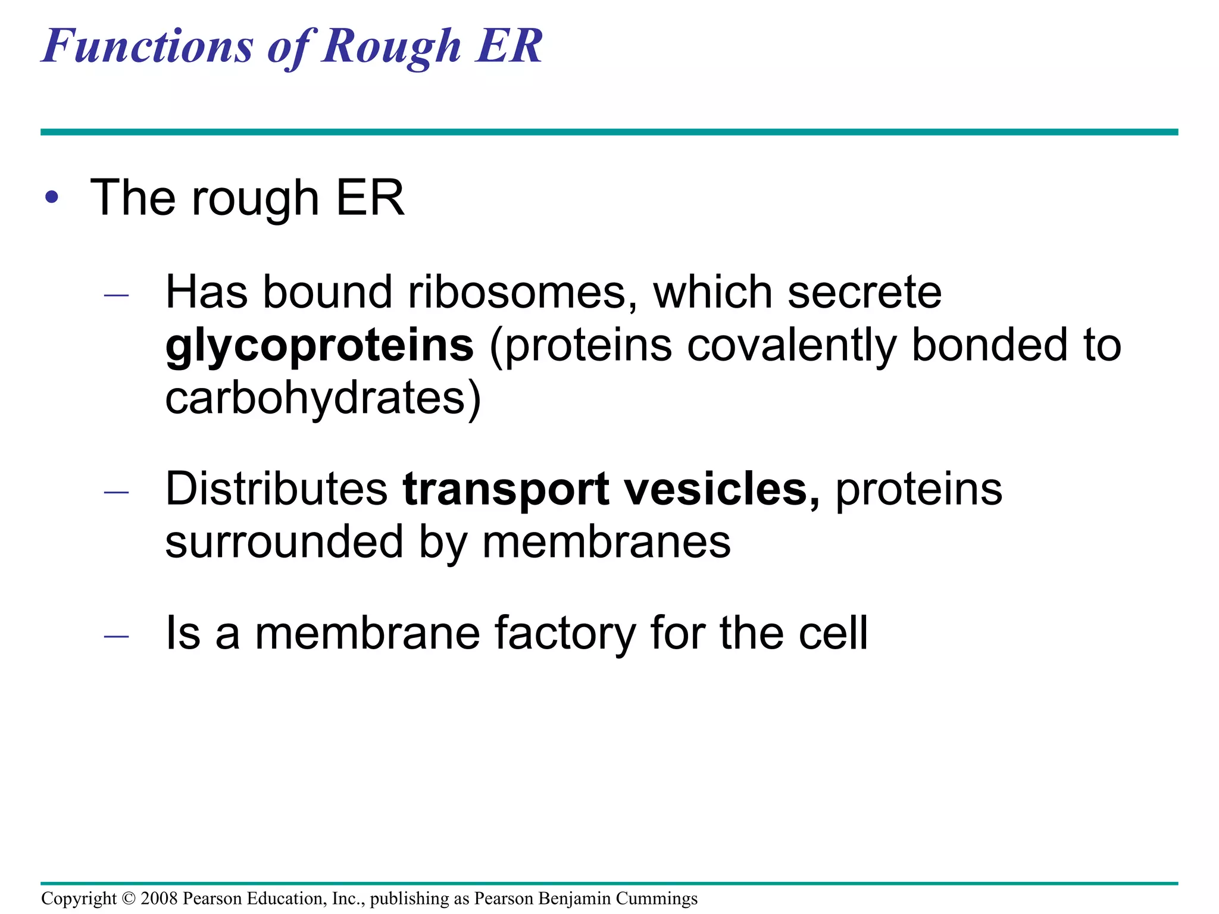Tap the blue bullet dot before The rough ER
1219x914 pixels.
52,198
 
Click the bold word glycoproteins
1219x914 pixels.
320,347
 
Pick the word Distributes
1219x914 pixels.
277,489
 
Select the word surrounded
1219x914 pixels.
284,542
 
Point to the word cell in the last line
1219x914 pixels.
833,633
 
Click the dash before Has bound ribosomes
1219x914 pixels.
116,295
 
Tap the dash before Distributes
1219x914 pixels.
116,492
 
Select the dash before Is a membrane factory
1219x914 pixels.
116,636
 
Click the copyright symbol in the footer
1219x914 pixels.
129,899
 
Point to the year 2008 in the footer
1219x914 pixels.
159,899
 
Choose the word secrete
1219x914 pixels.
864,292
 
